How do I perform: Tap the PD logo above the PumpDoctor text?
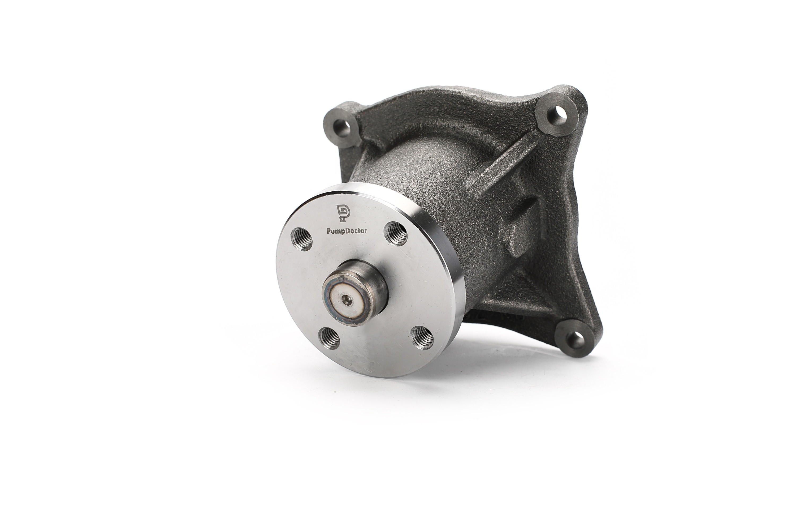click(343, 213)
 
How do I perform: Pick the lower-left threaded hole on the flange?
click(329, 338)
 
